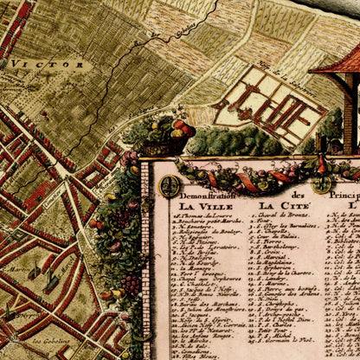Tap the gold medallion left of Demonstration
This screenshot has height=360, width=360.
170,185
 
